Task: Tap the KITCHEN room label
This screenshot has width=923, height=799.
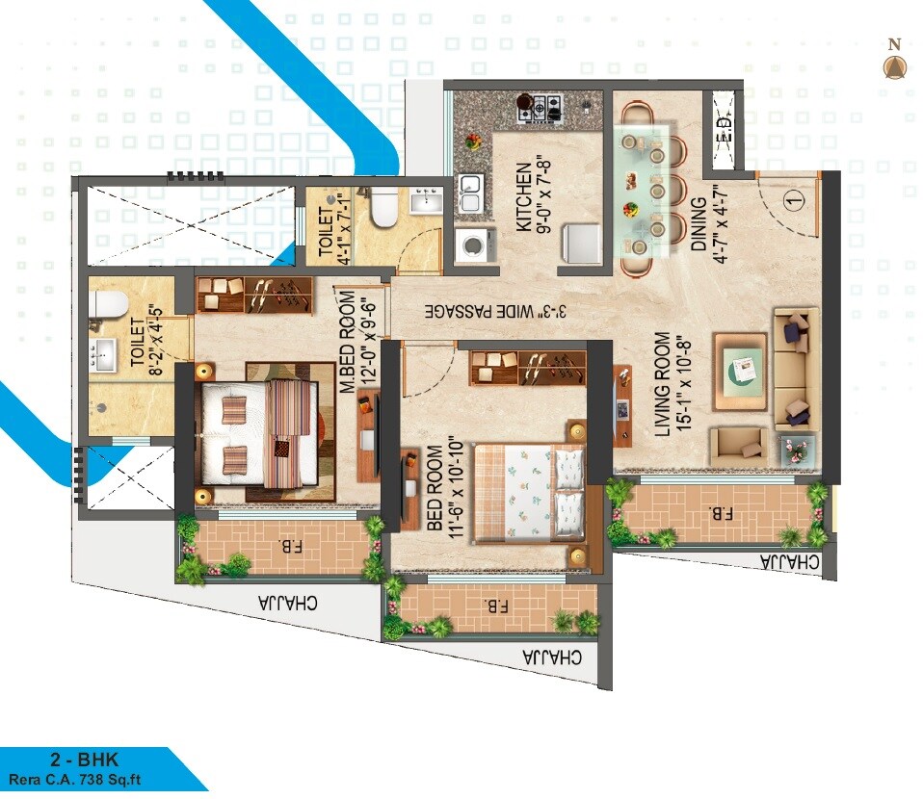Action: point(522,196)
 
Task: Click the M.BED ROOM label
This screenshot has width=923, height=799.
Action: point(348,342)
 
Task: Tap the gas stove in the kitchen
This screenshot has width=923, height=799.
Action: point(541,107)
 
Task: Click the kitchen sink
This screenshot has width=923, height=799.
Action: point(470,192)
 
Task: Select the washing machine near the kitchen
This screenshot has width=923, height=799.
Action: point(473,245)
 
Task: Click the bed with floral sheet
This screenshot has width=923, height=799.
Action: point(531,491)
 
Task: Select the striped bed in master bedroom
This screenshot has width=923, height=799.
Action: point(258,434)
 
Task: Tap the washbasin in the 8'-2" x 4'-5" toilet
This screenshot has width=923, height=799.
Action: point(101,353)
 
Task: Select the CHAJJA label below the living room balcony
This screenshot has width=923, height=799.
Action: point(790,562)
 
